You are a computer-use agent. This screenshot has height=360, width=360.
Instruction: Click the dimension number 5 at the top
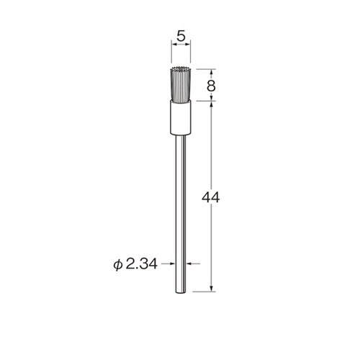click(x=181, y=36)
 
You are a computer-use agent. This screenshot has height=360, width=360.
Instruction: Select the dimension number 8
click(x=211, y=86)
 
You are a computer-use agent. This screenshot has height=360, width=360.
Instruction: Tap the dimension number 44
click(x=210, y=198)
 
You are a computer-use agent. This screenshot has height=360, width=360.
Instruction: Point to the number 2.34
click(x=141, y=264)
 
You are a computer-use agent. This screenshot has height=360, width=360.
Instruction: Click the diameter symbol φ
click(x=118, y=264)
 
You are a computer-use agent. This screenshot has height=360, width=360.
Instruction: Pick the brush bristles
click(x=181, y=83)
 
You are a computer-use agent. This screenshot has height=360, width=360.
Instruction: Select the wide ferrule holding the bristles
click(x=181, y=117)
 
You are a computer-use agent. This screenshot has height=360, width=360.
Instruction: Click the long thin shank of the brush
click(x=181, y=214)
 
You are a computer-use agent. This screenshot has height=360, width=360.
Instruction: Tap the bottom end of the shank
click(x=181, y=292)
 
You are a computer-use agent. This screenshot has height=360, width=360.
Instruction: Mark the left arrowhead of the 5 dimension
click(x=173, y=45)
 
